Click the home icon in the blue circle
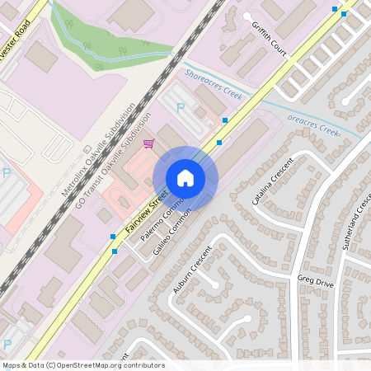[x=185, y=177]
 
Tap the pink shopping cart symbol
[x=148, y=144]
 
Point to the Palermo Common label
[x=161, y=221]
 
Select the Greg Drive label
[x=316, y=280]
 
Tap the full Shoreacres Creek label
[x=214, y=85]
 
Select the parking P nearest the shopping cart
[x=181, y=107]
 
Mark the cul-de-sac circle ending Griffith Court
[x=247, y=16]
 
